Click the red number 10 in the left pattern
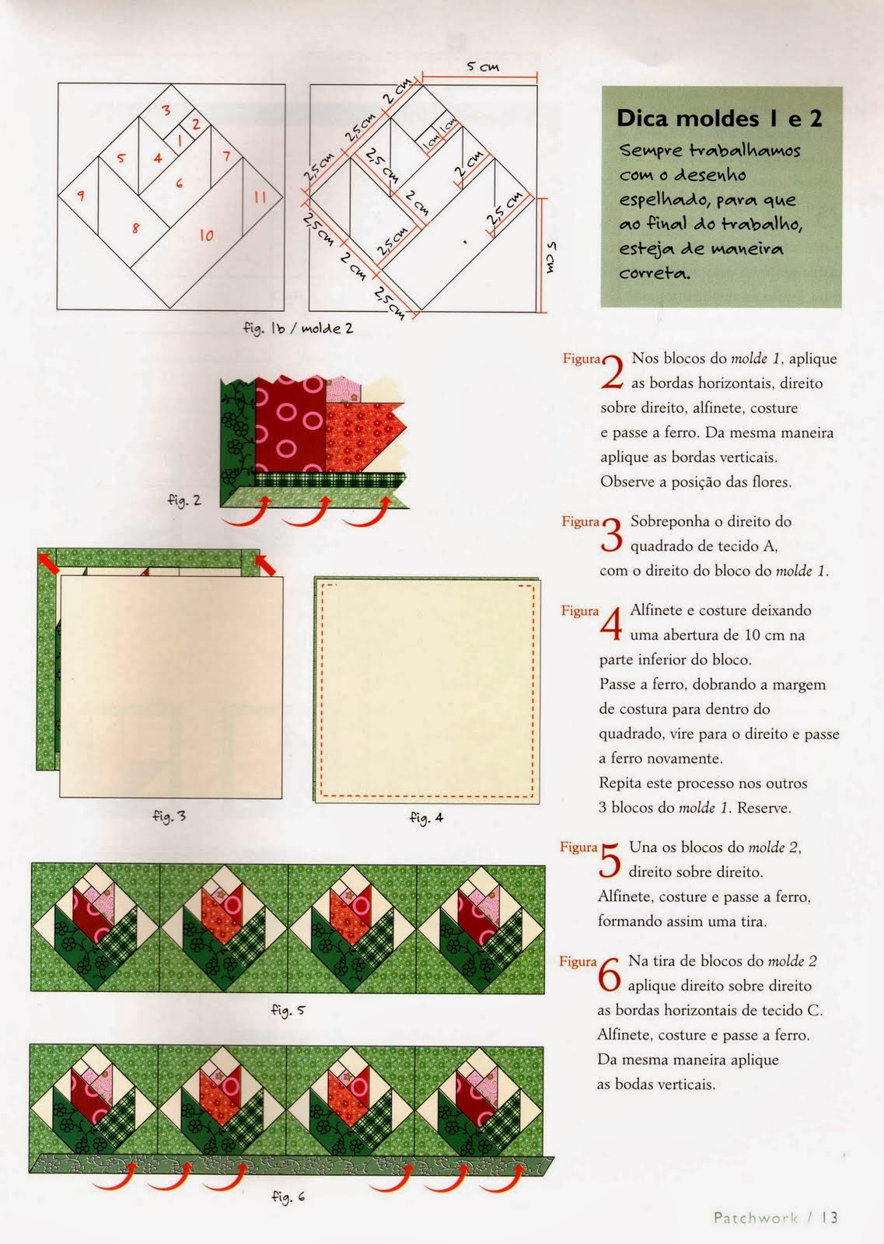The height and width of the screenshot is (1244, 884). [x=206, y=236]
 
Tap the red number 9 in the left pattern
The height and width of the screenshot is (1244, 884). [x=80, y=195]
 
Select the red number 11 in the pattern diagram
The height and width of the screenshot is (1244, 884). [x=260, y=197]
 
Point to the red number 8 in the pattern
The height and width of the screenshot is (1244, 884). [x=136, y=228]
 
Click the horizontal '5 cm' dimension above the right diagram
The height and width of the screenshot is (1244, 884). [x=483, y=68]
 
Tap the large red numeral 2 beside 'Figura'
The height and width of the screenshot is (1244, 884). [x=613, y=373]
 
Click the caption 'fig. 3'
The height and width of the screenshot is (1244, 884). [x=169, y=816]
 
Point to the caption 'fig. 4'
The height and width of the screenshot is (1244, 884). [x=426, y=818]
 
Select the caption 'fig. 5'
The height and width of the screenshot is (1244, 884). [x=288, y=1010]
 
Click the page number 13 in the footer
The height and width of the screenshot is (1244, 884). [x=830, y=1218]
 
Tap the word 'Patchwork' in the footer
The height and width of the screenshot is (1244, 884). [x=755, y=1218]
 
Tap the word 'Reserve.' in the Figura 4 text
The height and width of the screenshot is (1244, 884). [x=763, y=808]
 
